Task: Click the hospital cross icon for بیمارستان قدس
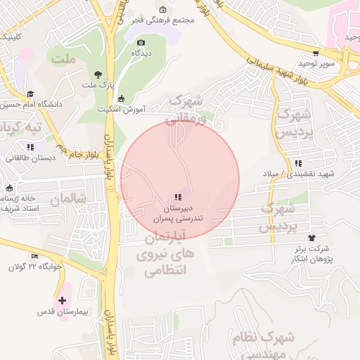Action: click(x=63, y=300)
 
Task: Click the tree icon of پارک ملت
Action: click(x=98, y=74)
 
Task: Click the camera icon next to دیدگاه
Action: click(x=140, y=42)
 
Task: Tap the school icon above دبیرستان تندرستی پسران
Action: click(x=179, y=197)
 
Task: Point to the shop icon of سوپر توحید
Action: click(x=316, y=52)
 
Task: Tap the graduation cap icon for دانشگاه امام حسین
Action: click(x=30, y=94)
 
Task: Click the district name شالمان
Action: click(x=67, y=199)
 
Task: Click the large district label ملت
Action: click(x=63, y=59)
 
